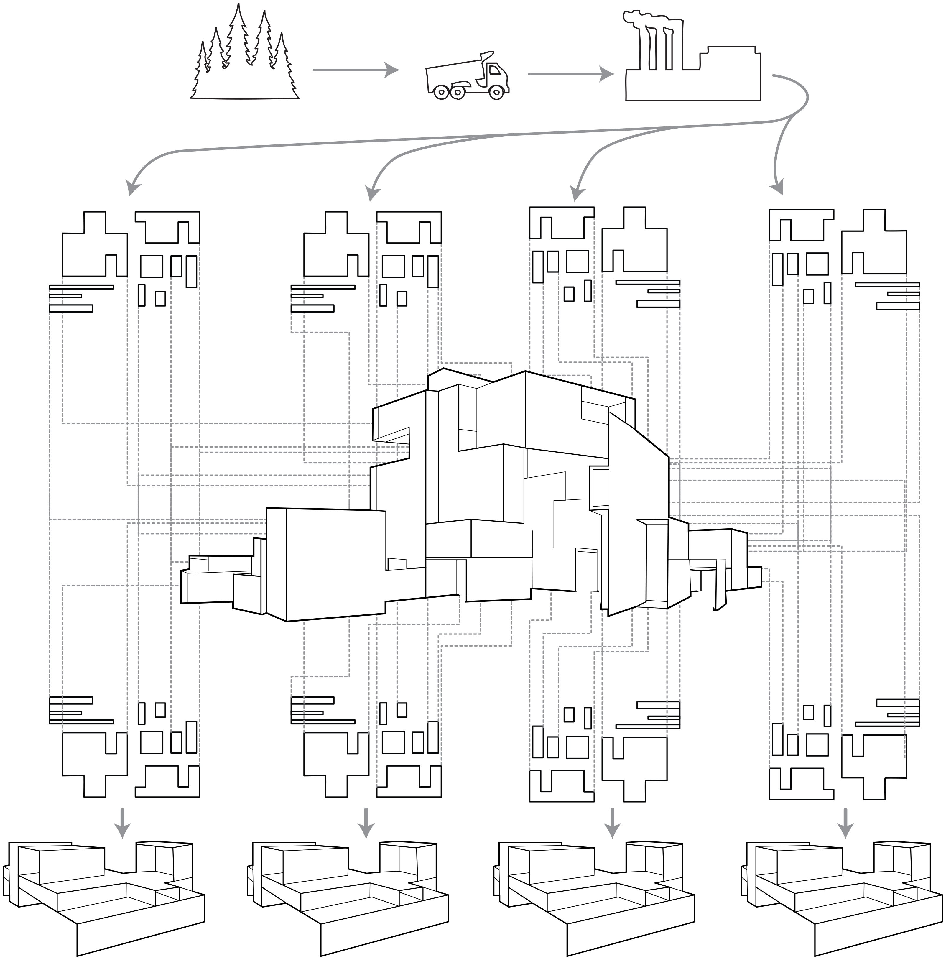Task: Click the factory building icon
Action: tap(693, 75)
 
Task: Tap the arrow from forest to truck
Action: tap(355, 70)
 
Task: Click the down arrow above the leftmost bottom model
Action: tap(122, 824)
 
